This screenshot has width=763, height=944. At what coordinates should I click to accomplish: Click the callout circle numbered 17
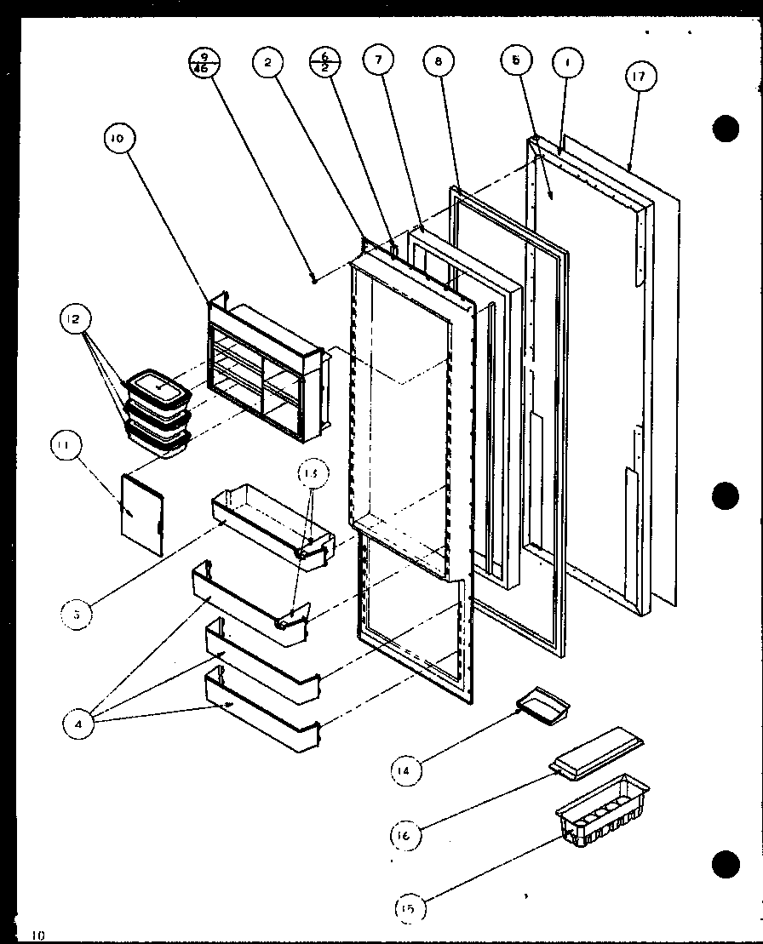point(639,77)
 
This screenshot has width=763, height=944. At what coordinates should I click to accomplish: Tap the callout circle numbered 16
point(404,835)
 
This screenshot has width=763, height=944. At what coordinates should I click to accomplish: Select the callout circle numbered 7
point(379,60)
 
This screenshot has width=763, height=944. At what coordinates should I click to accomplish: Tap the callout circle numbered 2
point(267,61)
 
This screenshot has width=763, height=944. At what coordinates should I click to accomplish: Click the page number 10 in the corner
point(37,935)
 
